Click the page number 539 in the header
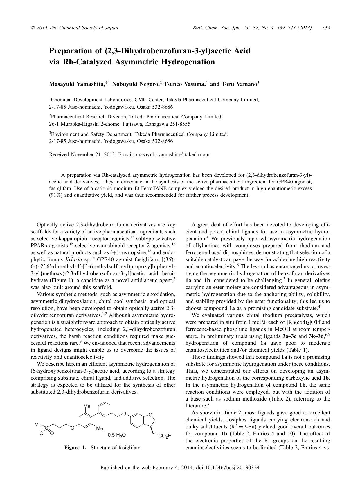[x=326, y=28]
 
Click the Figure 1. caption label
[x=75, y=448]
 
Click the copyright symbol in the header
[x=33, y=28]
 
